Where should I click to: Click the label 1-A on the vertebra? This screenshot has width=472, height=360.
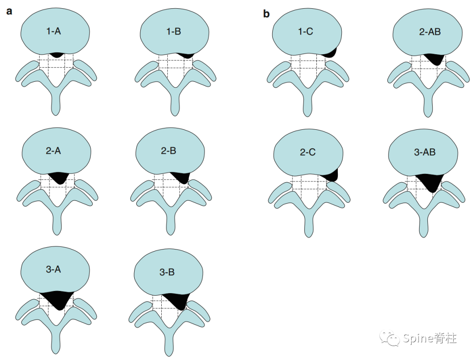[x=54, y=31]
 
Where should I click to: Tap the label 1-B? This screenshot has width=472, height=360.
[x=174, y=31]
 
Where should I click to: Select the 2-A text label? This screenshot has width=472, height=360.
[x=53, y=150]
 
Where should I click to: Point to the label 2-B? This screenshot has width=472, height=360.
[x=169, y=150]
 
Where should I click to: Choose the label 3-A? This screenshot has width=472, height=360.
[x=53, y=269]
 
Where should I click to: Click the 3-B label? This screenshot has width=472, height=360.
[x=167, y=272]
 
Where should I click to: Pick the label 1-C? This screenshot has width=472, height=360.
[x=305, y=31]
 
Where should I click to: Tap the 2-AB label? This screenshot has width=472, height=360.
[x=430, y=31]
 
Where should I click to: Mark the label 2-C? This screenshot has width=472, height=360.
[x=308, y=152]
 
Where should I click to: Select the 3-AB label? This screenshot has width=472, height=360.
[x=425, y=152]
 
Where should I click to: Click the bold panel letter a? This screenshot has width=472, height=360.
[x=9, y=11]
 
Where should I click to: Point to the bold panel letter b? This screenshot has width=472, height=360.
[x=267, y=14]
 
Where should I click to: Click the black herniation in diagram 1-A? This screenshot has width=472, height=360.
[x=56, y=55]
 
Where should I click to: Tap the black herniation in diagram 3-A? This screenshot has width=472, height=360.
[x=57, y=299]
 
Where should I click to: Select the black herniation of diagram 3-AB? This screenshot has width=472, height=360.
[x=430, y=181]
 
